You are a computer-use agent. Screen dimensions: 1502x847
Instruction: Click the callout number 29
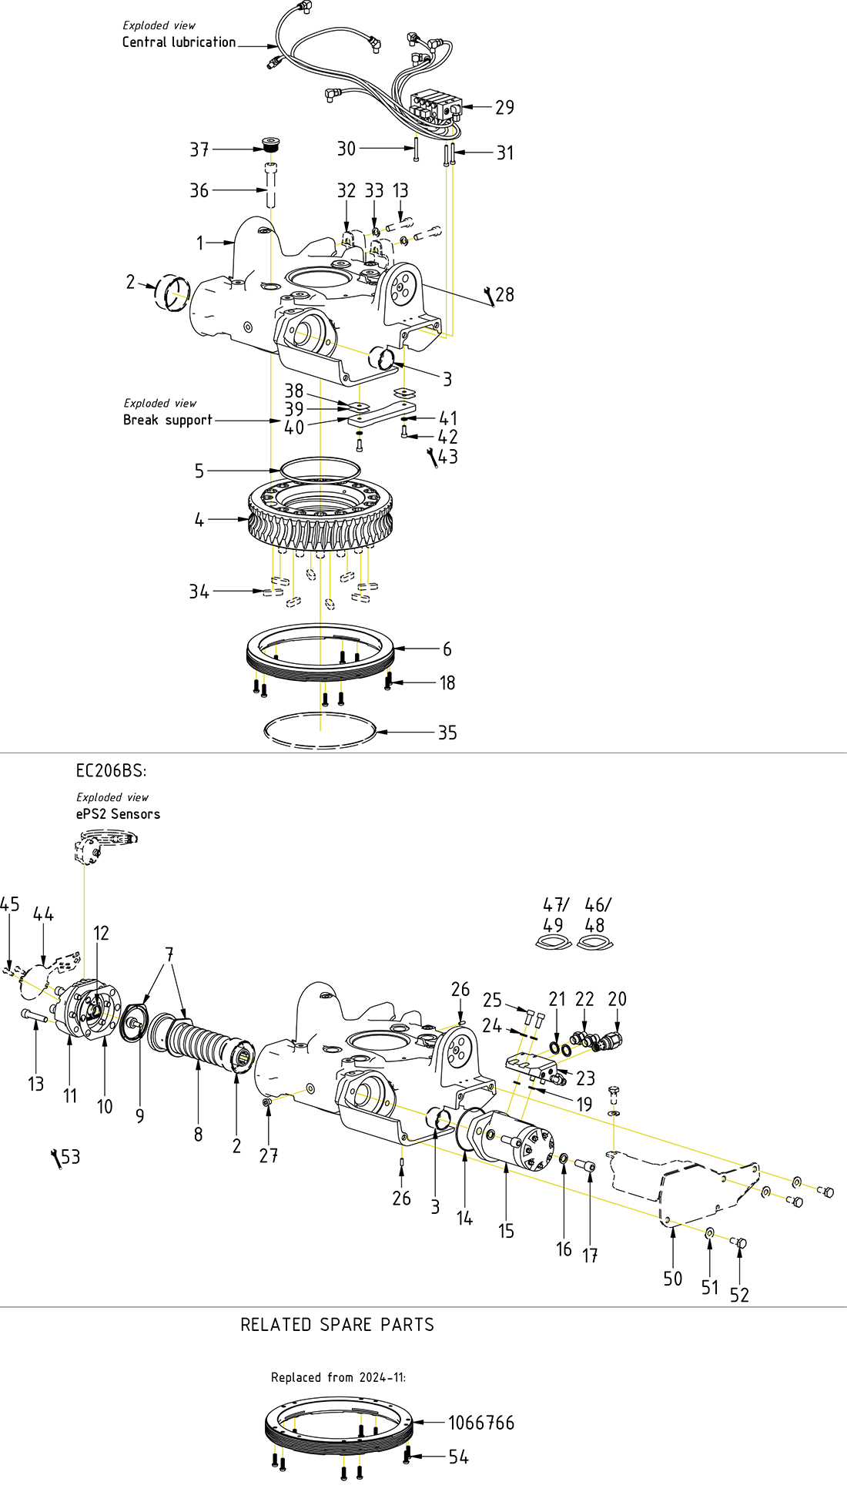coord(504,107)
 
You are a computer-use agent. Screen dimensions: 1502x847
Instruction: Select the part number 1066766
coord(481,1423)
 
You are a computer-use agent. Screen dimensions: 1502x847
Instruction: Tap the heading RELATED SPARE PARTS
coord(337,1325)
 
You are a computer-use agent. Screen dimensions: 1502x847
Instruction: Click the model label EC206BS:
coord(111,770)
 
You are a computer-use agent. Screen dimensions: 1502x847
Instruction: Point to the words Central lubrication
coord(179,42)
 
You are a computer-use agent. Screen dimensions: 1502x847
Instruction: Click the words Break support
coord(167,420)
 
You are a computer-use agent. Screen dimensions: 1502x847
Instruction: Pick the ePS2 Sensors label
coord(118,814)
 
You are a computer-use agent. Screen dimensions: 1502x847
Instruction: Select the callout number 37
coord(199,149)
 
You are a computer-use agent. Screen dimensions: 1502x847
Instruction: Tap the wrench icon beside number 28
coord(488,297)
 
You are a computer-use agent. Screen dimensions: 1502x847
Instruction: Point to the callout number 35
coord(447,733)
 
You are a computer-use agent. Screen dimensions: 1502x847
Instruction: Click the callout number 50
coord(673,1279)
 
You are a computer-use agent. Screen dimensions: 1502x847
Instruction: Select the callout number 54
coord(458,1457)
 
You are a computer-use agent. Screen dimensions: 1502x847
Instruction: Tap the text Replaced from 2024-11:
coord(338,1377)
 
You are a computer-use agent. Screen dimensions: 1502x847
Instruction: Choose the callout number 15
coord(506,1231)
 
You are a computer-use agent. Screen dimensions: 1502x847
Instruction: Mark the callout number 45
coord(10,904)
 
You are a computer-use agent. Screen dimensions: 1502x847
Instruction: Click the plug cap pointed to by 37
coord(270,145)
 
